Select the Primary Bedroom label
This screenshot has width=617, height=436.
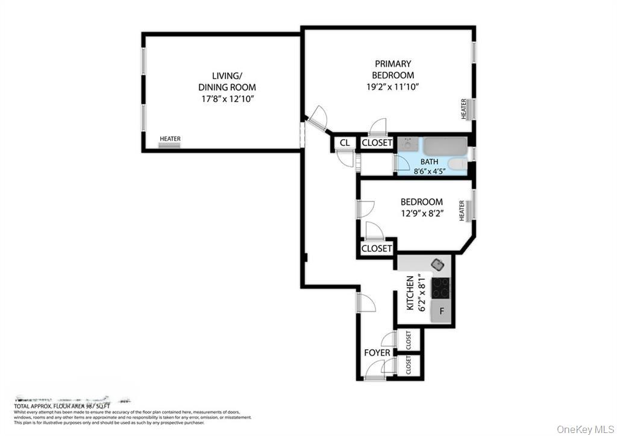(393, 69)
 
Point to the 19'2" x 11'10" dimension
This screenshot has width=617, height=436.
(393, 86)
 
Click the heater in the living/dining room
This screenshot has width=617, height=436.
(170, 140)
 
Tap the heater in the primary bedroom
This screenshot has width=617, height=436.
(465, 109)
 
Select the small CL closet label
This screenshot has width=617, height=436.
(345, 144)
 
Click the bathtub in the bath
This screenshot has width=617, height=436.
(445, 146)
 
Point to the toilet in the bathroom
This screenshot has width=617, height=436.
(457, 164)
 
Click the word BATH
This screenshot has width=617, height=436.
(429, 162)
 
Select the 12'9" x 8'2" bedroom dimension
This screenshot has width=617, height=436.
(422, 213)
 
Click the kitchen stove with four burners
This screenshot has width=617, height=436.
(441, 288)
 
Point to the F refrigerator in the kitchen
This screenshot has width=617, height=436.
(441, 311)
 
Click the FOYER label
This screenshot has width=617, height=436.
(377, 353)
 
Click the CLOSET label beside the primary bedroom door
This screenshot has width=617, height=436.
(377, 144)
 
